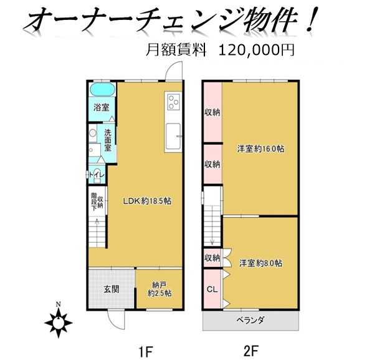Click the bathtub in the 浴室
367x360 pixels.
pos(103,89)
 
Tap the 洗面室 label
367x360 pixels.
pos(108,140)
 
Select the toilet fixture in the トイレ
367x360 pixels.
pos(97,175)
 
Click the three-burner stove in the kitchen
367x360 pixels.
pos(174,102)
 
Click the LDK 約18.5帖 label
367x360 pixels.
pos(148,201)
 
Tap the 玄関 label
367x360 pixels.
pos(112,289)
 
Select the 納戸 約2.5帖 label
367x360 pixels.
pos(160,289)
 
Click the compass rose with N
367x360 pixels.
pos(59,321)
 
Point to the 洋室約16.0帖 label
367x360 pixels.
pos(260,148)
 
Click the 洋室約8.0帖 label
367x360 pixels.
pos(260,263)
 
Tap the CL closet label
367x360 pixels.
pos(212,289)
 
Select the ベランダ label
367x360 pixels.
pos(250,319)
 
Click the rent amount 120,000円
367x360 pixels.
pos(256,50)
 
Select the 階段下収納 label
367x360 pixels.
pos(97,202)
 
